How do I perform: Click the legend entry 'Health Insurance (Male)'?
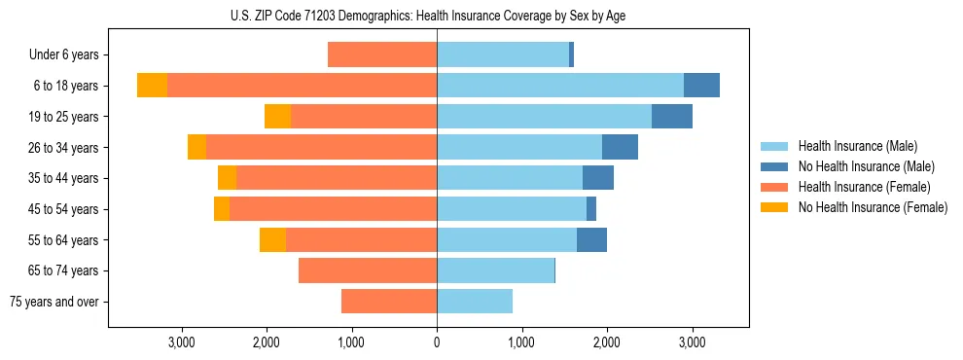[857, 146]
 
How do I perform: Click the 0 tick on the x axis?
[437, 342]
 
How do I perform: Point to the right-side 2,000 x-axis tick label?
[606, 342]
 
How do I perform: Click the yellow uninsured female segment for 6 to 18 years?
[152, 86]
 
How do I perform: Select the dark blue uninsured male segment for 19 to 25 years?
[672, 117]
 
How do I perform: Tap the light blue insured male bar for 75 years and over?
[475, 302]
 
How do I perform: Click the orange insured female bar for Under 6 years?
[382, 55]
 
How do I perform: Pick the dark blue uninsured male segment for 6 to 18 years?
[701, 86]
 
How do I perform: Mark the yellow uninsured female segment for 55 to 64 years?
[272, 240]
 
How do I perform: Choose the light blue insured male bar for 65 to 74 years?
[495, 270]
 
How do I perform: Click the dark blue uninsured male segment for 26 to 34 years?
[620, 148]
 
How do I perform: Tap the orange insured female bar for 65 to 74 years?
[368, 270]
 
